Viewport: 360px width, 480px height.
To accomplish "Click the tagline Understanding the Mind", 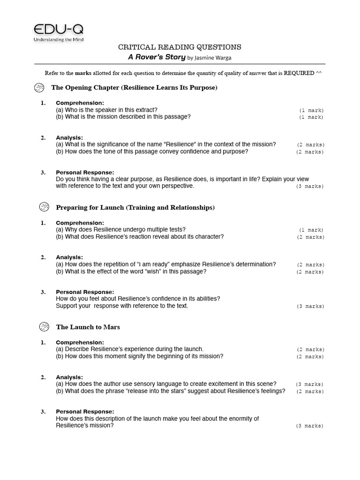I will coord(59,39).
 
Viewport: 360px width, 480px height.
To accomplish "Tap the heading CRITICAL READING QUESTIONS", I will coord(180,47).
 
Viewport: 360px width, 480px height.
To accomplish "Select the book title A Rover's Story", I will coord(157,57).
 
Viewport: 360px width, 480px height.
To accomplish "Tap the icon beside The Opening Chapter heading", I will coord(39,88).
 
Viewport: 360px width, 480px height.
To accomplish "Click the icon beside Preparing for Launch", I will coord(44,207).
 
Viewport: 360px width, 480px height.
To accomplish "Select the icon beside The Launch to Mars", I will coord(44,327).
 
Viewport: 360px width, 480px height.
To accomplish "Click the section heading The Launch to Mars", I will coord(88,327).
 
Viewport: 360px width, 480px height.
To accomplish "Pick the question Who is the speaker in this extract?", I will coord(107,110).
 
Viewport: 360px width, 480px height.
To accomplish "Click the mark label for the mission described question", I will coord(311,117).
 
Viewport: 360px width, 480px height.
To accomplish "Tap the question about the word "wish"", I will coord(131,271).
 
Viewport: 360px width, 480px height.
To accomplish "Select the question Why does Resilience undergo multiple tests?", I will coord(120,230).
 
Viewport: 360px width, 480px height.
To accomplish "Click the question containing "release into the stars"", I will coord(170,391).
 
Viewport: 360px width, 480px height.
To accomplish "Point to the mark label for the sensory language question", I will coord(309,384).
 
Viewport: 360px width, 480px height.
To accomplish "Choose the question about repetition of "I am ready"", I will coord(165,264).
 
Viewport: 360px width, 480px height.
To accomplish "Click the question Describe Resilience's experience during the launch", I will coord(129,349).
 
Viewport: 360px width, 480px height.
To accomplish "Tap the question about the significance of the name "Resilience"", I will coord(165,144).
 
